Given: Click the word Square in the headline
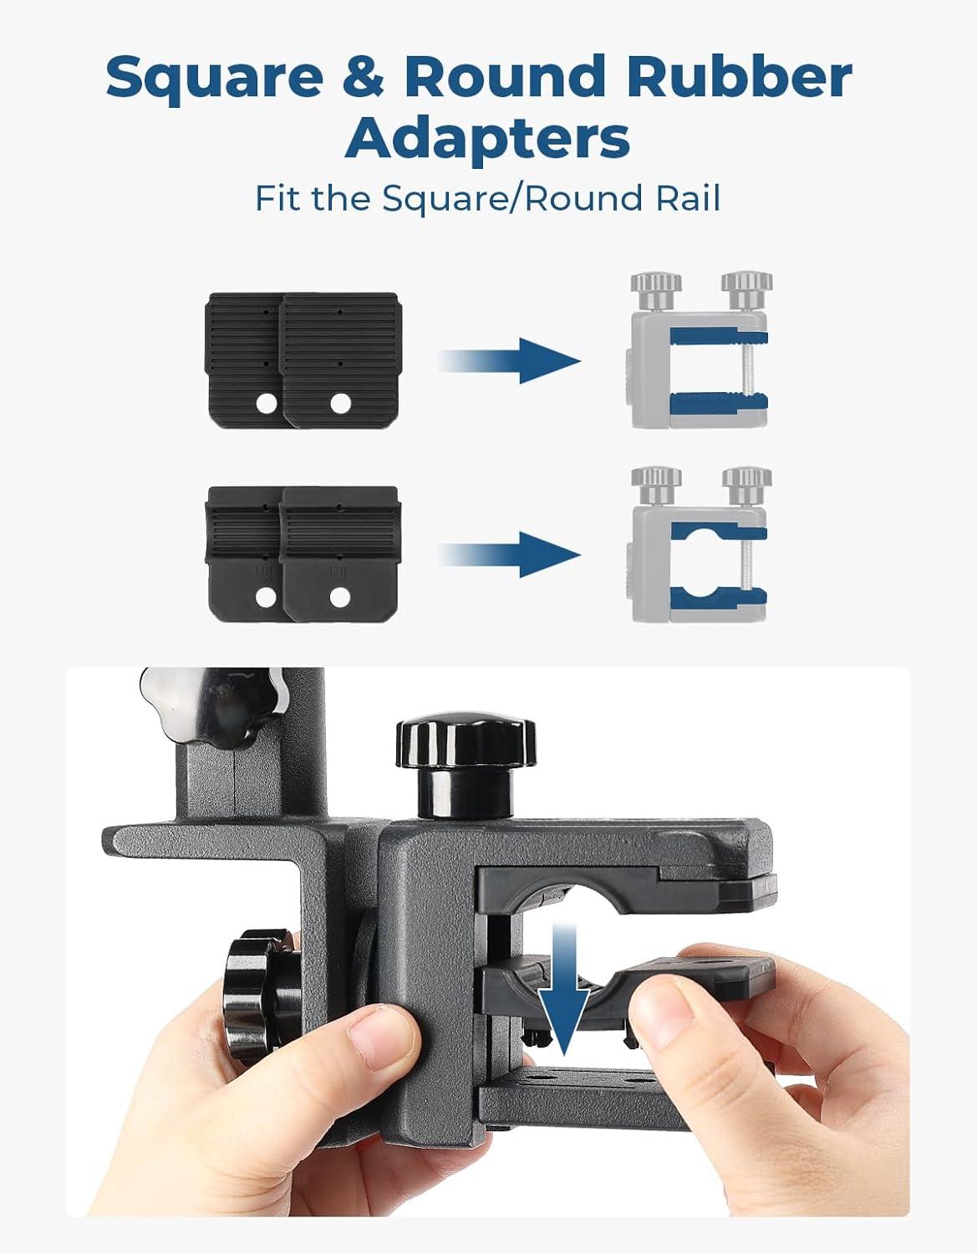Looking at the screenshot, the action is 214,78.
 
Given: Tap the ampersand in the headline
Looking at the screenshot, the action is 364,76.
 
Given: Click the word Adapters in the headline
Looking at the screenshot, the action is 487,139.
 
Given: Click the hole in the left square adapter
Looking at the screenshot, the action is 267,405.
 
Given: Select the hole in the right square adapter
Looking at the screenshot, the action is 340,405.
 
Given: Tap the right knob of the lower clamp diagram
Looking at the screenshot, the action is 747,486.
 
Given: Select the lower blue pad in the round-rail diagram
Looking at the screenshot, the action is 719,598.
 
